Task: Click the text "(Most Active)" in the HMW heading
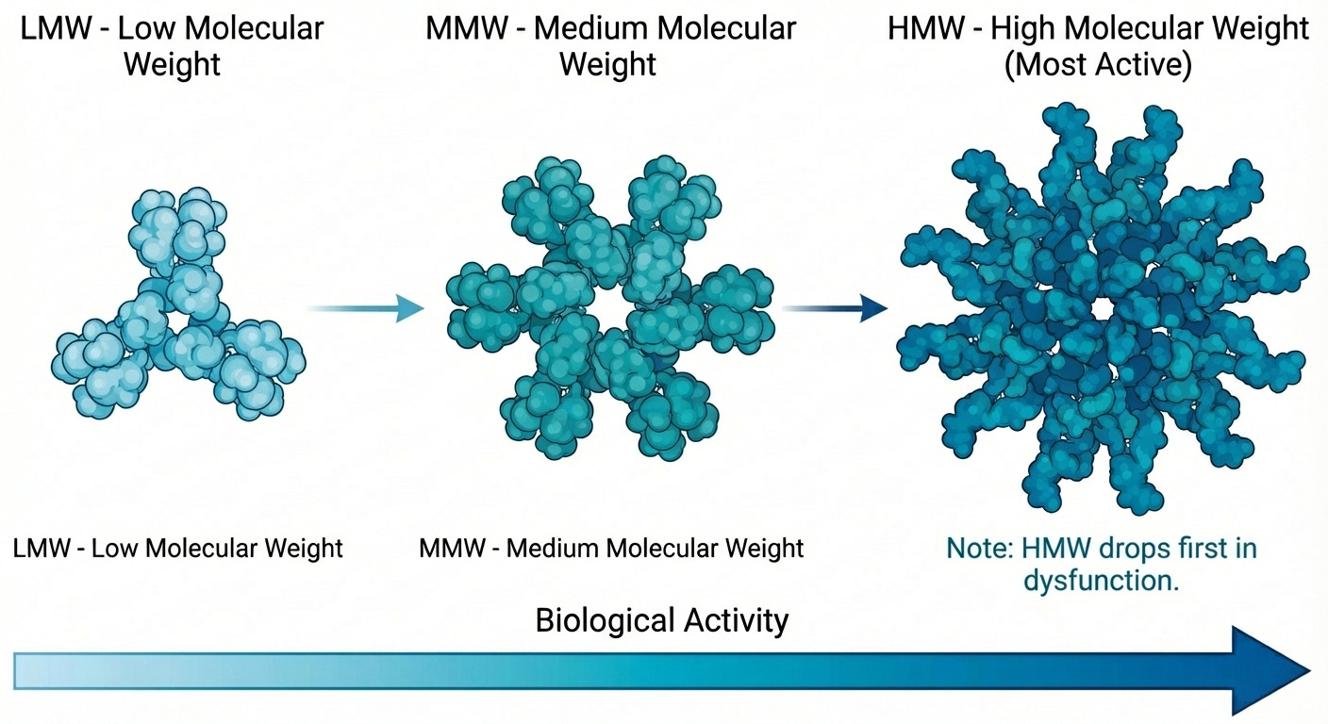click(1099, 66)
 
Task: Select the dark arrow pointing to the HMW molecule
click(835, 308)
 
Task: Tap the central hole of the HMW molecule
click(1101, 311)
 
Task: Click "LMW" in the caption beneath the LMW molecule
click(45, 548)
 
